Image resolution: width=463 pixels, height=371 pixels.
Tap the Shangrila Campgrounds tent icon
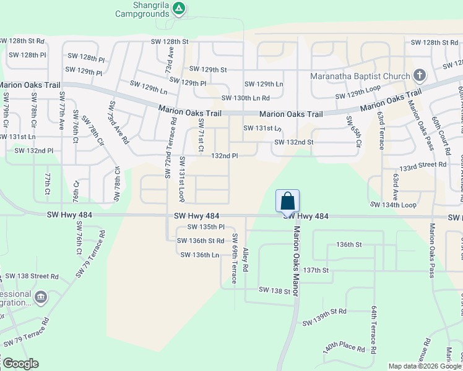pyautogui.click(x=179, y=8)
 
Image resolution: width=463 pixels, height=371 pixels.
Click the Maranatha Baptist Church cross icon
pyautogui.click(x=420, y=76)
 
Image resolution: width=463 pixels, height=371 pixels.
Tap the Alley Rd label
pyautogui.click(x=245, y=260)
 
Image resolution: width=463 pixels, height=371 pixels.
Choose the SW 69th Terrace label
pyautogui.click(x=235, y=258)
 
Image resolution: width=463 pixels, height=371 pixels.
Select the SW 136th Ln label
pyautogui.click(x=199, y=255)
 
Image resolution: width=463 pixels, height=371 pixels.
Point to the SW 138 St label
pyautogui.click(x=274, y=290)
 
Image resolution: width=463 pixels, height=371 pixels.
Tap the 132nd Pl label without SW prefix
pyautogui.click(x=225, y=156)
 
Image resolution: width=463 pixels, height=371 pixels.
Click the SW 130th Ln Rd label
pyautogui.click(x=246, y=98)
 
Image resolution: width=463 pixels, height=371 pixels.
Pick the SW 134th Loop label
pyautogui.click(x=392, y=204)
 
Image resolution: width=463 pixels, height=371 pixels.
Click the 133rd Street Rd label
pyautogui.click(x=423, y=166)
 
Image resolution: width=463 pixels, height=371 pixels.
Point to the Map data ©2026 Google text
pyautogui.click(x=425, y=366)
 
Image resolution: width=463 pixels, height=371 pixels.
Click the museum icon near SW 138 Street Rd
pyautogui.click(x=41, y=297)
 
